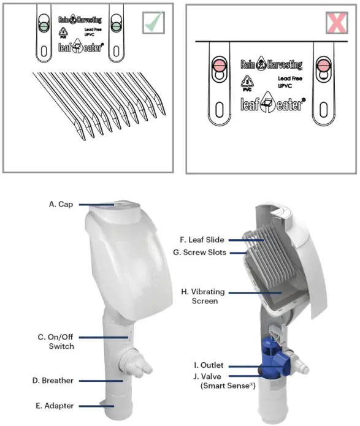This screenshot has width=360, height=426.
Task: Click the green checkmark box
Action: (154, 23)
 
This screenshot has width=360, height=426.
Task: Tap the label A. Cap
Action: (61, 205)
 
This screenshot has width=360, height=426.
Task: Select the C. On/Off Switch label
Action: (56, 341)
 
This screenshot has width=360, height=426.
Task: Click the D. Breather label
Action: (53, 381)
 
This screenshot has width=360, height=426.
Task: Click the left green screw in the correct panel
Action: (42, 27)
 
